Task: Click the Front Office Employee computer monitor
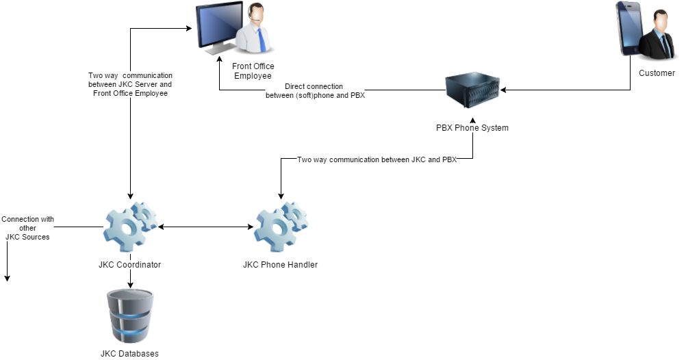point(218,27)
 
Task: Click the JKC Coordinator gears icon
point(129,226)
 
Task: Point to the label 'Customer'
point(657,73)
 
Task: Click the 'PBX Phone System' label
point(472,128)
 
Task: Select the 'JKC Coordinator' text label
point(130,265)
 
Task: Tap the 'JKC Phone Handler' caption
point(280,265)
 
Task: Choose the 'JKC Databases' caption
point(129,354)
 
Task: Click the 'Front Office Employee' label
point(253,71)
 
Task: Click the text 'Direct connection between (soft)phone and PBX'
point(315,91)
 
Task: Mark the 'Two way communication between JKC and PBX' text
point(377,159)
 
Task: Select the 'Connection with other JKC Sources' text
point(27,228)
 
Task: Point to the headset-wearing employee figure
point(255,31)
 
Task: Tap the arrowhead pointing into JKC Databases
point(130,285)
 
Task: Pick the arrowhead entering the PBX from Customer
point(504,90)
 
